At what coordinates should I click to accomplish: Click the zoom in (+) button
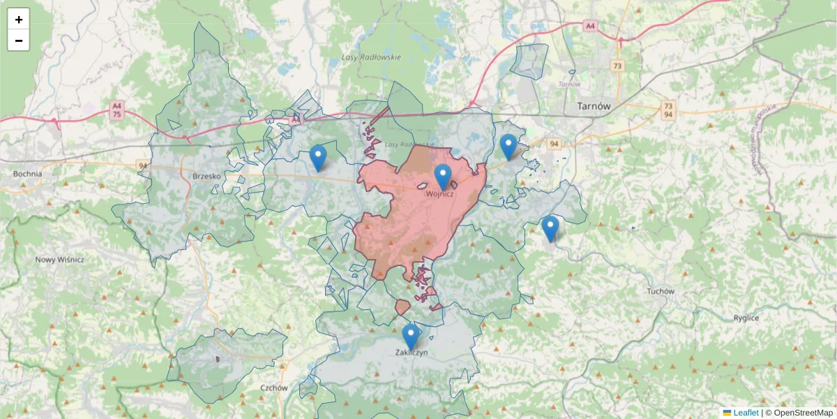19,20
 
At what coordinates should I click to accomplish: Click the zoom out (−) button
19,41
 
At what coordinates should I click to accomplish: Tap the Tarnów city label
594,107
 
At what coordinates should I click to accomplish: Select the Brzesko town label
206,177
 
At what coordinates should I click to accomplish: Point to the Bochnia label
27,174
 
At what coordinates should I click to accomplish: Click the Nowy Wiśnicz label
60,260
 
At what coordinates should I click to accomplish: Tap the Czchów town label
274,388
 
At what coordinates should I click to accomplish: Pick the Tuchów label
661,291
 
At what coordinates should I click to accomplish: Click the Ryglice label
746,318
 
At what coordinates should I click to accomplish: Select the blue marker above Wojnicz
443,176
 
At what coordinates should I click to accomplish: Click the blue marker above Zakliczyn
411,336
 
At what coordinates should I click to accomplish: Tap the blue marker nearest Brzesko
318,157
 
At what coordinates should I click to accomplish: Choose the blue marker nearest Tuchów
550,228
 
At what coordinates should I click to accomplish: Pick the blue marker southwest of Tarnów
508,146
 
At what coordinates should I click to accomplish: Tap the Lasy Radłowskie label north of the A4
371,57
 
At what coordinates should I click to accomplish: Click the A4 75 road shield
116,110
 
